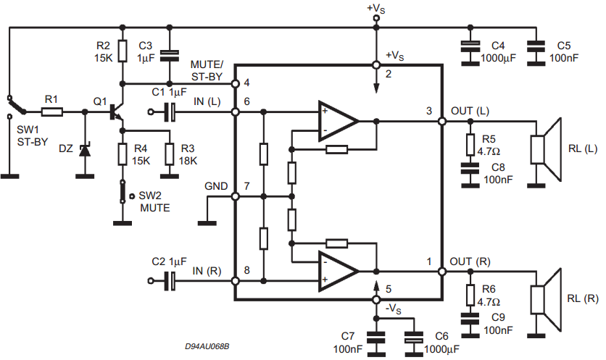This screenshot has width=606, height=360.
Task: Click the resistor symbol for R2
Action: pos(123,51)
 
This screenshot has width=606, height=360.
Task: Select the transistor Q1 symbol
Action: pos(116,112)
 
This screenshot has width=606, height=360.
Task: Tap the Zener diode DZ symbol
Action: pos(85,150)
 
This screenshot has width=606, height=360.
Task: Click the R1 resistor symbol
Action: pos(52,112)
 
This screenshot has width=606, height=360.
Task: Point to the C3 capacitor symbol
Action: pos(170,56)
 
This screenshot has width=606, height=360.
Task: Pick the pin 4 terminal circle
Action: pos(235,83)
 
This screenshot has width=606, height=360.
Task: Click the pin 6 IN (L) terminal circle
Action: pos(235,112)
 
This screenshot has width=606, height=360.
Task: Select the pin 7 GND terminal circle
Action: pos(235,196)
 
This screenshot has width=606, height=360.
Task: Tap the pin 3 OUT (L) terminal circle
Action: pos(442,121)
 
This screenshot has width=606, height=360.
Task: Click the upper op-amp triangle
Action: pos(337,121)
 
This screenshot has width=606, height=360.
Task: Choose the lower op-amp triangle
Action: pos(337,272)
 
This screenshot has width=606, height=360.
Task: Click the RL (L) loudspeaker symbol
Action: pos(546,149)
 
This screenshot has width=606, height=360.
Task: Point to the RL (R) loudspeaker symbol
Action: pos(546,300)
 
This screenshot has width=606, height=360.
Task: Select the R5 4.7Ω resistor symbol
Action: pos(470,144)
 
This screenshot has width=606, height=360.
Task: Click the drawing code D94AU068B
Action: pos(207,346)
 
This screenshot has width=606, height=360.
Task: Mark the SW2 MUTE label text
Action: pos(154,201)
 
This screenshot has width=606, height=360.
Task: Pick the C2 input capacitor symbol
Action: pos(170,281)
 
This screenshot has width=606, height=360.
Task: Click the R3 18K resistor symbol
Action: pos(170,154)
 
